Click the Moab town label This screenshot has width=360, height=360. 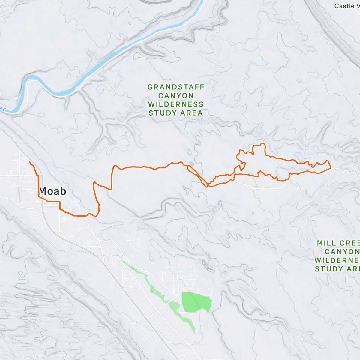[x=52, y=191]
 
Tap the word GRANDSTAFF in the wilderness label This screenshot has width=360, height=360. [x=176, y=87]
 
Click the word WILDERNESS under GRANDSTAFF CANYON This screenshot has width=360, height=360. [x=176, y=104]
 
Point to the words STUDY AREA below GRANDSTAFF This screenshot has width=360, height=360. [x=176, y=113]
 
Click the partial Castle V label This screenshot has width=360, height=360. [x=346, y=6]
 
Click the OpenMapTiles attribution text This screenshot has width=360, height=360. [x=31, y=356]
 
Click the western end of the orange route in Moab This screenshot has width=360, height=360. [x=29, y=162]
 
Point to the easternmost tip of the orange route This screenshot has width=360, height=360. [x=330, y=168]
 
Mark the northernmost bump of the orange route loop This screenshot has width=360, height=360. [x=262, y=143]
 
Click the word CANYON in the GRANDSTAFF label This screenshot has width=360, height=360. [x=176, y=96]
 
